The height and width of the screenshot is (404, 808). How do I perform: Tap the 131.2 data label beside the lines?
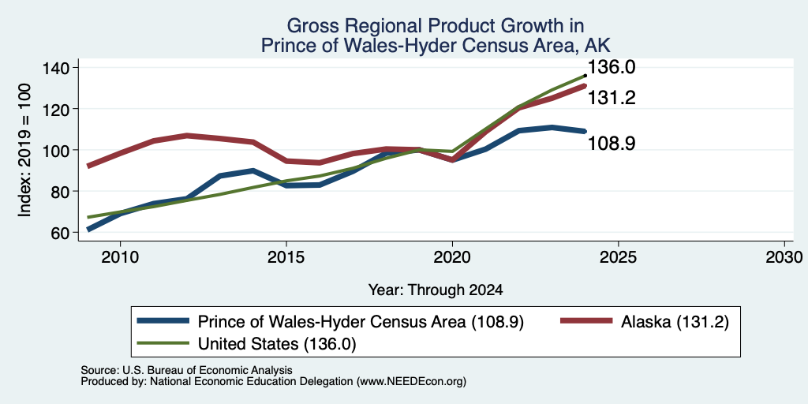click(x=612, y=97)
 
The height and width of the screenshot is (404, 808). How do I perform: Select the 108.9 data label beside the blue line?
click(x=612, y=143)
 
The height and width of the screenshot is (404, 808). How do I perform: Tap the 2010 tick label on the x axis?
click(x=120, y=257)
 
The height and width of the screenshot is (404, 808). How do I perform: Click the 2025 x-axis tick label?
click(x=618, y=257)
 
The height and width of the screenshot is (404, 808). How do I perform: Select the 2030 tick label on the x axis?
click(x=784, y=257)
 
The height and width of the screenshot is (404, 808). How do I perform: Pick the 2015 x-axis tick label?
click(x=286, y=257)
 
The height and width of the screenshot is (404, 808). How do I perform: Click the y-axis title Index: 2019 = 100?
click(x=24, y=150)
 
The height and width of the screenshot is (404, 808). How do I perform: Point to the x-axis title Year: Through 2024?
click(x=436, y=290)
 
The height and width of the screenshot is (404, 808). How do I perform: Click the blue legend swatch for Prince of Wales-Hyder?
click(x=163, y=321)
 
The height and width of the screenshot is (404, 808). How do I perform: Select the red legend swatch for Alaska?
click(x=586, y=321)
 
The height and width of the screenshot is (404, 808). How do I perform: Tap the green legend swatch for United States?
click(x=163, y=343)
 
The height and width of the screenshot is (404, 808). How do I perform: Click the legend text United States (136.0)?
click(x=277, y=343)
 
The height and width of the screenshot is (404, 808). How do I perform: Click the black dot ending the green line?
click(x=585, y=76)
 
